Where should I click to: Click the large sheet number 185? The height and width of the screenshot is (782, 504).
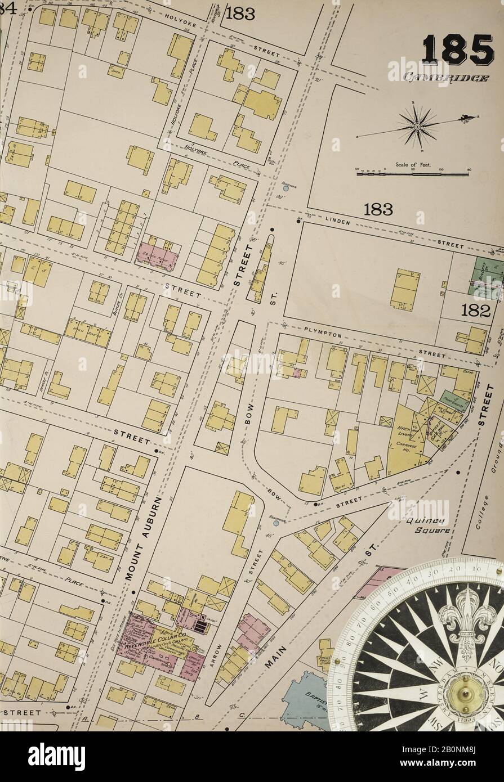[459, 51]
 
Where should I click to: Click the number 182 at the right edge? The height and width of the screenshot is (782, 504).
[475, 310]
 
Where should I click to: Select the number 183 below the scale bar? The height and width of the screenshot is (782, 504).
[378, 209]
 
